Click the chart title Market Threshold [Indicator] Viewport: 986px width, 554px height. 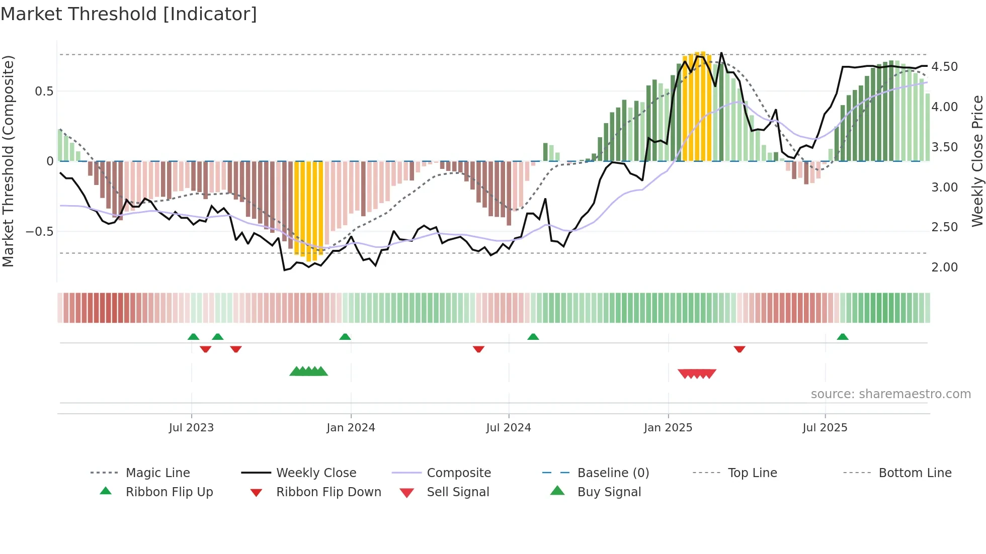click(x=129, y=14)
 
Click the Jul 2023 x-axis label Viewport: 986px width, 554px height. click(x=191, y=427)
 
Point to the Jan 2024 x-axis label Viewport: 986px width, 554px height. click(x=351, y=427)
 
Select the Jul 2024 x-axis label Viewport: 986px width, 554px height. click(x=508, y=427)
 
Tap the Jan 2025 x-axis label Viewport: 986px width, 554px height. click(x=668, y=427)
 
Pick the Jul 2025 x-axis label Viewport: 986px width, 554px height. click(x=825, y=427)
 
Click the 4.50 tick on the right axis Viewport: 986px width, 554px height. click(x=944, y=67)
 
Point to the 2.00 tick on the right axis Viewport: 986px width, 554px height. click(x=944, y=267)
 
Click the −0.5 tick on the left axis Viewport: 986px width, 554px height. click(x=40, y=232)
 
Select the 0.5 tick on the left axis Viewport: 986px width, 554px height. click(x=44, y=91)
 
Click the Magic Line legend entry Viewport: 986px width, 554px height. click(x=157, y=473)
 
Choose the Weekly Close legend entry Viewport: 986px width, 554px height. click(x=316, y=473)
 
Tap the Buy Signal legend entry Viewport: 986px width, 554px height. click(x=609, y=492)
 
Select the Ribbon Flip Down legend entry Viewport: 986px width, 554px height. click(x=328, y=492)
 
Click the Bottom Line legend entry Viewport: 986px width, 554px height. click(x=915, y=473)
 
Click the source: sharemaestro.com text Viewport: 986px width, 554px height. click(x=890, y=394)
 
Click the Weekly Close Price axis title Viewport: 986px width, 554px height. click(x=977, y=161)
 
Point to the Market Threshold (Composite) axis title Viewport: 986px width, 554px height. click(x=8, y=161)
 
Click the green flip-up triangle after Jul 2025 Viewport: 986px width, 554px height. click(x=843, y=337)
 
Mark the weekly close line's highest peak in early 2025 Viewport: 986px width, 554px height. click(x=721, y=53)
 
